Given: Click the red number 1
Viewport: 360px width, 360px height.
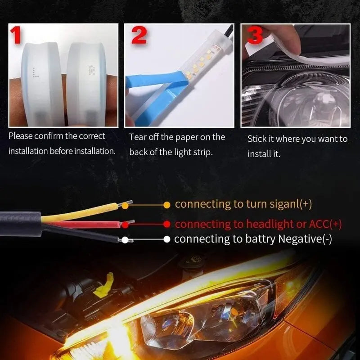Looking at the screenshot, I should click(17, 35).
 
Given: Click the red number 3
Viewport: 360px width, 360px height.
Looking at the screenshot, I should click(255, 36).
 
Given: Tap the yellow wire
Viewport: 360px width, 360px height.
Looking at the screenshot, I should click(81, 212).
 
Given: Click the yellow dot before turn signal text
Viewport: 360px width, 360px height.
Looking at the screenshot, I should click(167, 204).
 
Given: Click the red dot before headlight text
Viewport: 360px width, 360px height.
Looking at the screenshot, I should click(167, 224).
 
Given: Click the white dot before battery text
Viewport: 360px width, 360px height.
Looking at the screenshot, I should click(167, 239).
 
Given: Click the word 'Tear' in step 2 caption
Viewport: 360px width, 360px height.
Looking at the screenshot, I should click(139, 137).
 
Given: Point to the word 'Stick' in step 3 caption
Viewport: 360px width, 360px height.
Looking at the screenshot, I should click(257, 139).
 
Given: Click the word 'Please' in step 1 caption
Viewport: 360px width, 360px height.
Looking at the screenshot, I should click(21, 136).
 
